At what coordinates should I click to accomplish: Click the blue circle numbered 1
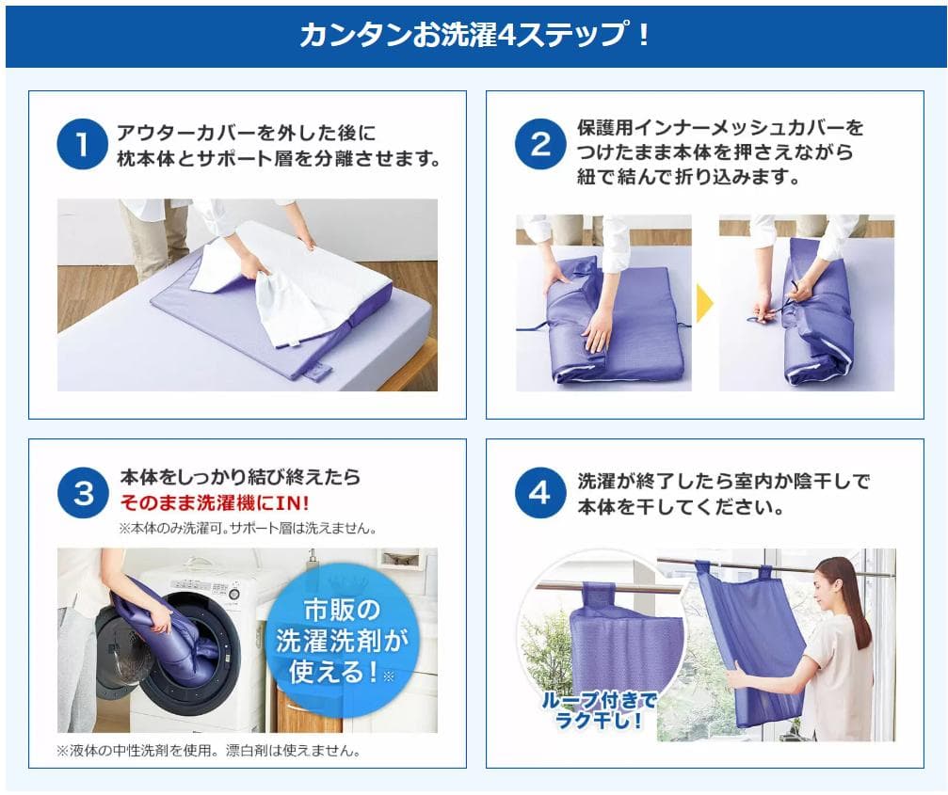tap(82, 144)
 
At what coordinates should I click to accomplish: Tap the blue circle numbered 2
tap(540, 144)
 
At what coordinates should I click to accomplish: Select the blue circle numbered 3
tap(84, 493)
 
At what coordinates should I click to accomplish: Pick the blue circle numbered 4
tap(540, 493)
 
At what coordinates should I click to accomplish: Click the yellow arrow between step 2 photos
tap(705, 303)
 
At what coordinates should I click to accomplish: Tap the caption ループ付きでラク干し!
tap(599, 710)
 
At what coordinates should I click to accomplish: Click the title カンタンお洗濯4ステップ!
tap(474, 35)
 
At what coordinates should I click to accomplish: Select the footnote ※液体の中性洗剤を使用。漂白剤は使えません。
tap(209, 750)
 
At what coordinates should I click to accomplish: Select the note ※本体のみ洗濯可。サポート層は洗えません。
tap(248, 528)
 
